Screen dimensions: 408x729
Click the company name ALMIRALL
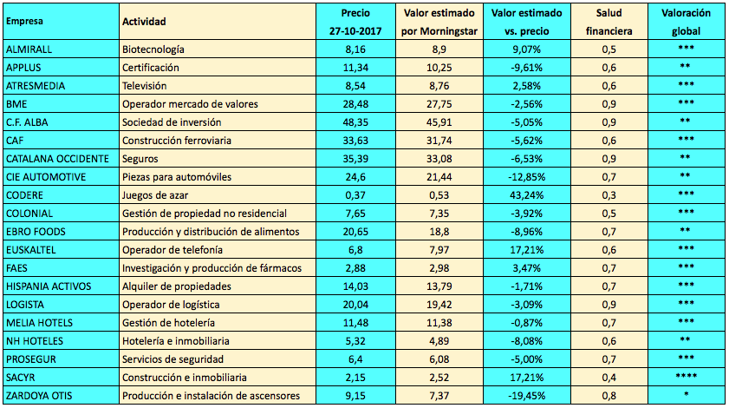click(29, 49)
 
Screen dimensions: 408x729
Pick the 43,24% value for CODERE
click(526, 194)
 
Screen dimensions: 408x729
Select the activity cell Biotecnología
click(153, 49)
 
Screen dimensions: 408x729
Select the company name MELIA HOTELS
click(40, 322)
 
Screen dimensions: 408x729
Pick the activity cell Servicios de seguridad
click(173, 359)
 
